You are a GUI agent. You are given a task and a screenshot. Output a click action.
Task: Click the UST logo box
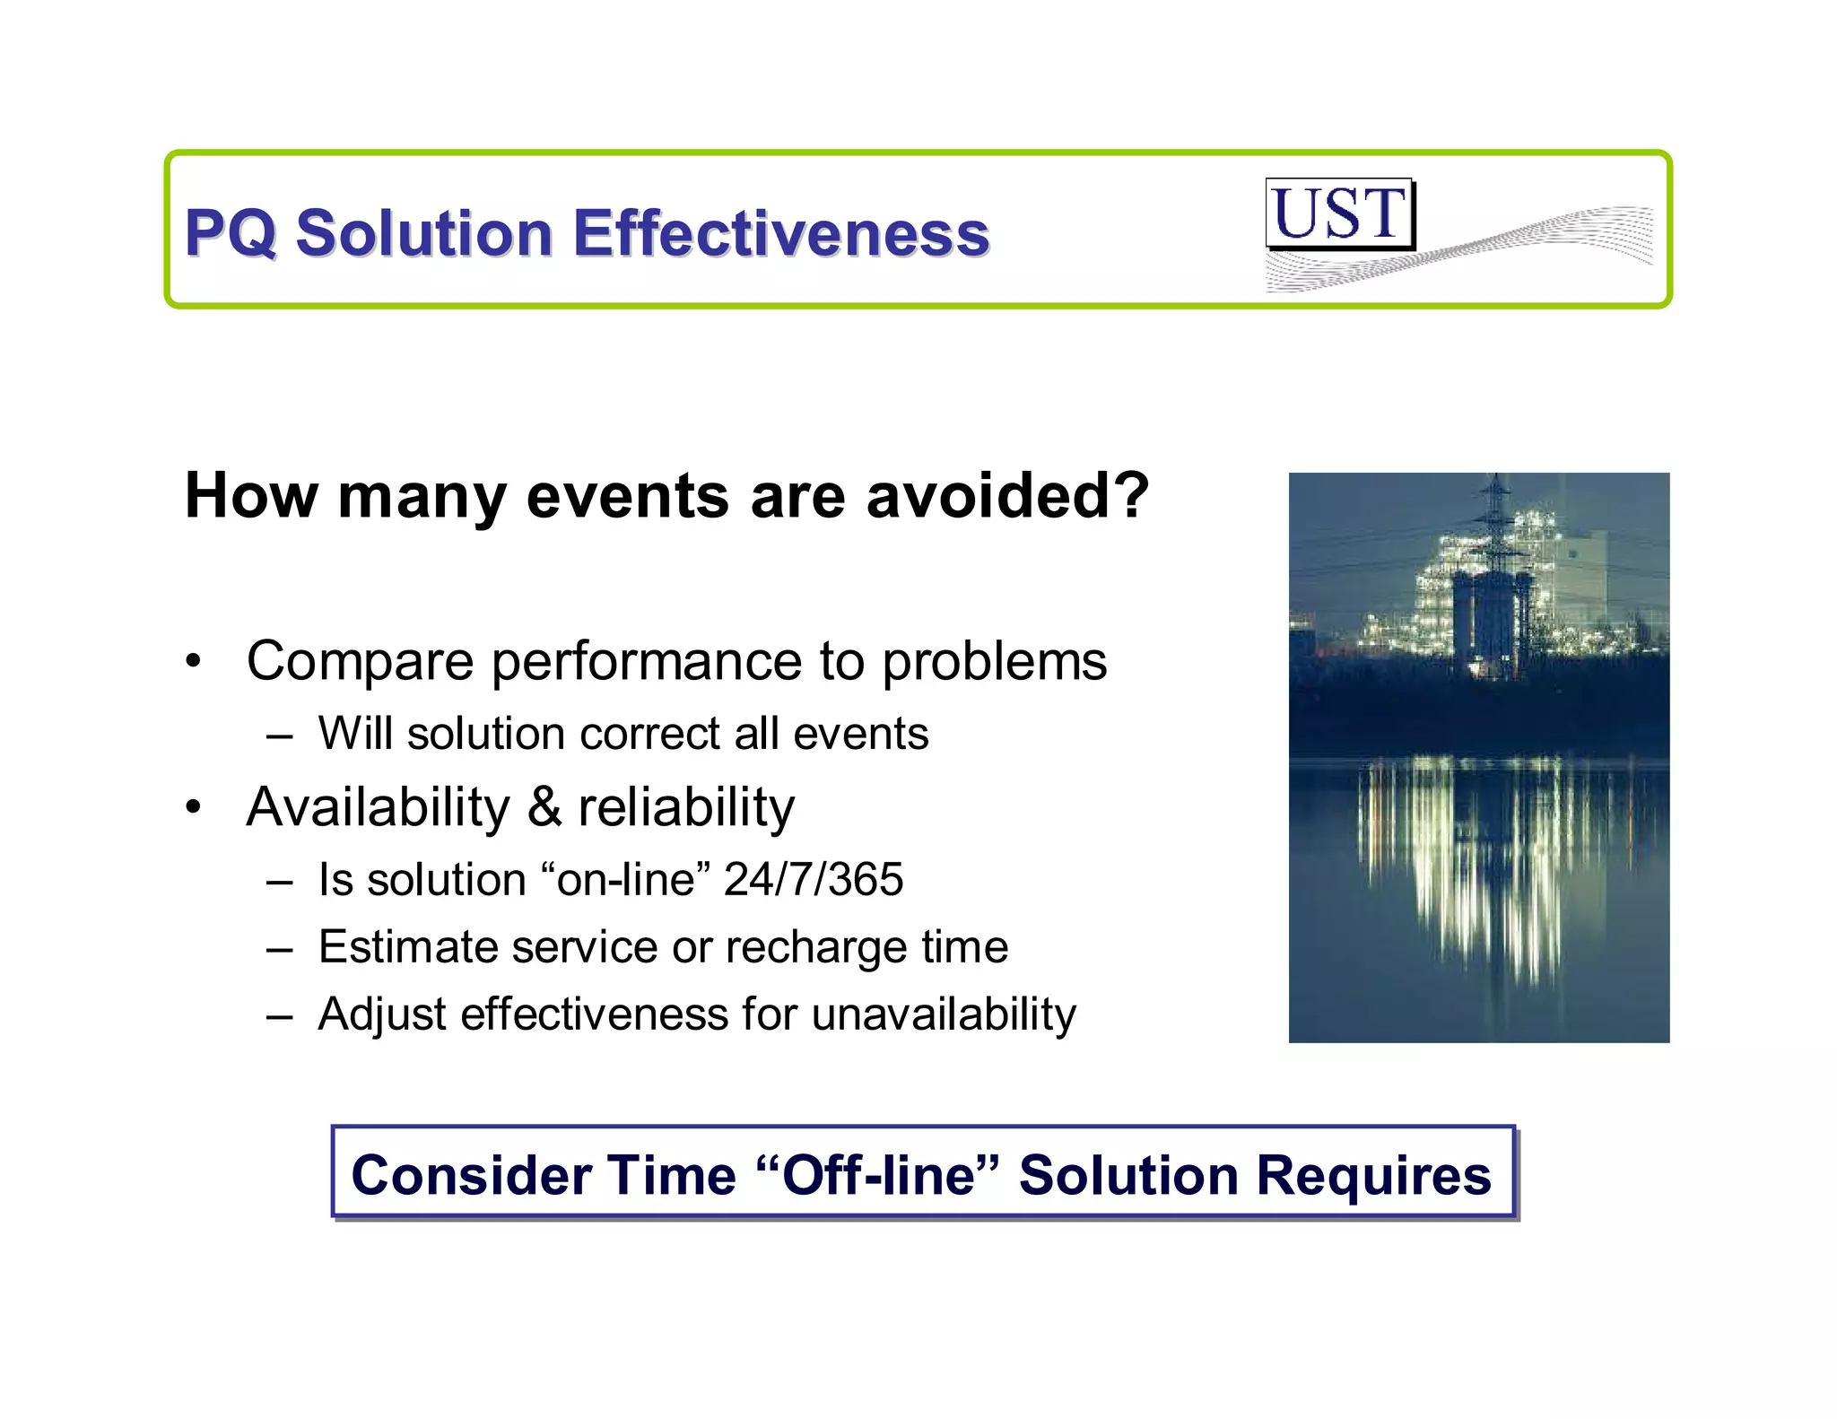[x=1339, y=213]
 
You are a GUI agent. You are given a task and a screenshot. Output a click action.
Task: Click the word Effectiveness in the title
[x=780, y=233]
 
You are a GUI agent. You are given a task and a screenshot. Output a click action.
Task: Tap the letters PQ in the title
[x=230, y=233]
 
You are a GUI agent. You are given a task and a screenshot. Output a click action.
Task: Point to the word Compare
[x=360, y=662]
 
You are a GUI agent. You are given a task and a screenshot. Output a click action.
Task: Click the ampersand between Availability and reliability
[x=544, y=806]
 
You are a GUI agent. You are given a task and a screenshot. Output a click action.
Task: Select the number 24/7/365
[x=813, y=879]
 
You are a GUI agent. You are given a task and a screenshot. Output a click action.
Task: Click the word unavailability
[x=943, y=1014]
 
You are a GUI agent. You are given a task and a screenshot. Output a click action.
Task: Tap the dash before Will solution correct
[x=279, y=736]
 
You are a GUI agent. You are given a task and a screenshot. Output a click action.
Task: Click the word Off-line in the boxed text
[x=877, y=1174]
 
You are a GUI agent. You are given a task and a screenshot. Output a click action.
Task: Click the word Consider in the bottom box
[x=468, y=1174]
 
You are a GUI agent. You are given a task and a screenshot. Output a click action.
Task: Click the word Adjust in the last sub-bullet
[x=382, y=1014]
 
